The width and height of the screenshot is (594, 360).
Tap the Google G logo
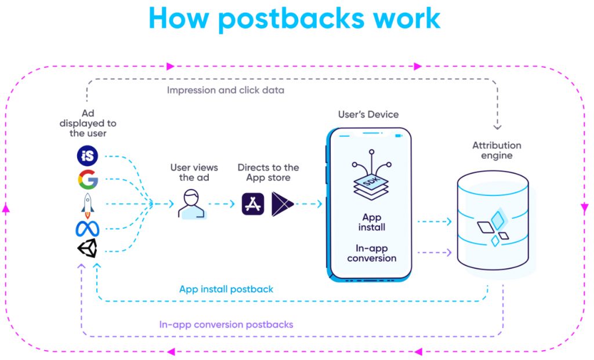[x=88, y=180]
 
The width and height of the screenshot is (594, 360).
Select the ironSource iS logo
[x=88, y=156]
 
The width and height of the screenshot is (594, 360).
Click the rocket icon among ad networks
[x=88, y=204]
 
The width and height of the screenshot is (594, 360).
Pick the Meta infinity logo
[x=88, y=228]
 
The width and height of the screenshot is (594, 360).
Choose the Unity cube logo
[x=88, y=250]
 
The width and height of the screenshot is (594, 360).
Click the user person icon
[x=192, y=203]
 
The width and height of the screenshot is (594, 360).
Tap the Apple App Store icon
[x=253, y=204]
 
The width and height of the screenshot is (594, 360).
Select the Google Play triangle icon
[x=282, y=204]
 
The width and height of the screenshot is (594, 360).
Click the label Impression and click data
[x=226, y=90]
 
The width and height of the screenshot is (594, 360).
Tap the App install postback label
[x=226, y=289]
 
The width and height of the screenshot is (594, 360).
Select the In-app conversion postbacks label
[x=226, y=325]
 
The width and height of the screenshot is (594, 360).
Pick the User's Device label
[x=368, y=114]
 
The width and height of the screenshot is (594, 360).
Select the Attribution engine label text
[x=497, y=150]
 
